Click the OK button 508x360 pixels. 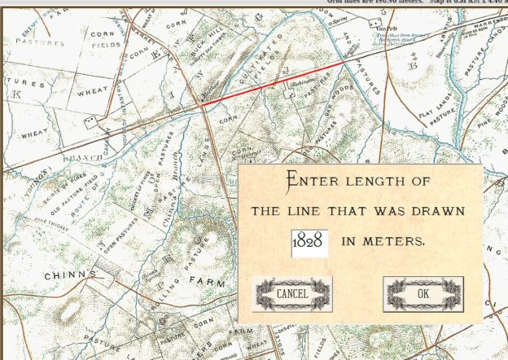[x=423, y=293]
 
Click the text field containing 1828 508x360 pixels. [x=309, y=242]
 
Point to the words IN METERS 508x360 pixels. [x=383, y=241]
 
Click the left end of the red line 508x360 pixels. [x=201, y=105]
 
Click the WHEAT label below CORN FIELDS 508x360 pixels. [x=92, y=92]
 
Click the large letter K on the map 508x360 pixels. [x=16, y=95]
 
